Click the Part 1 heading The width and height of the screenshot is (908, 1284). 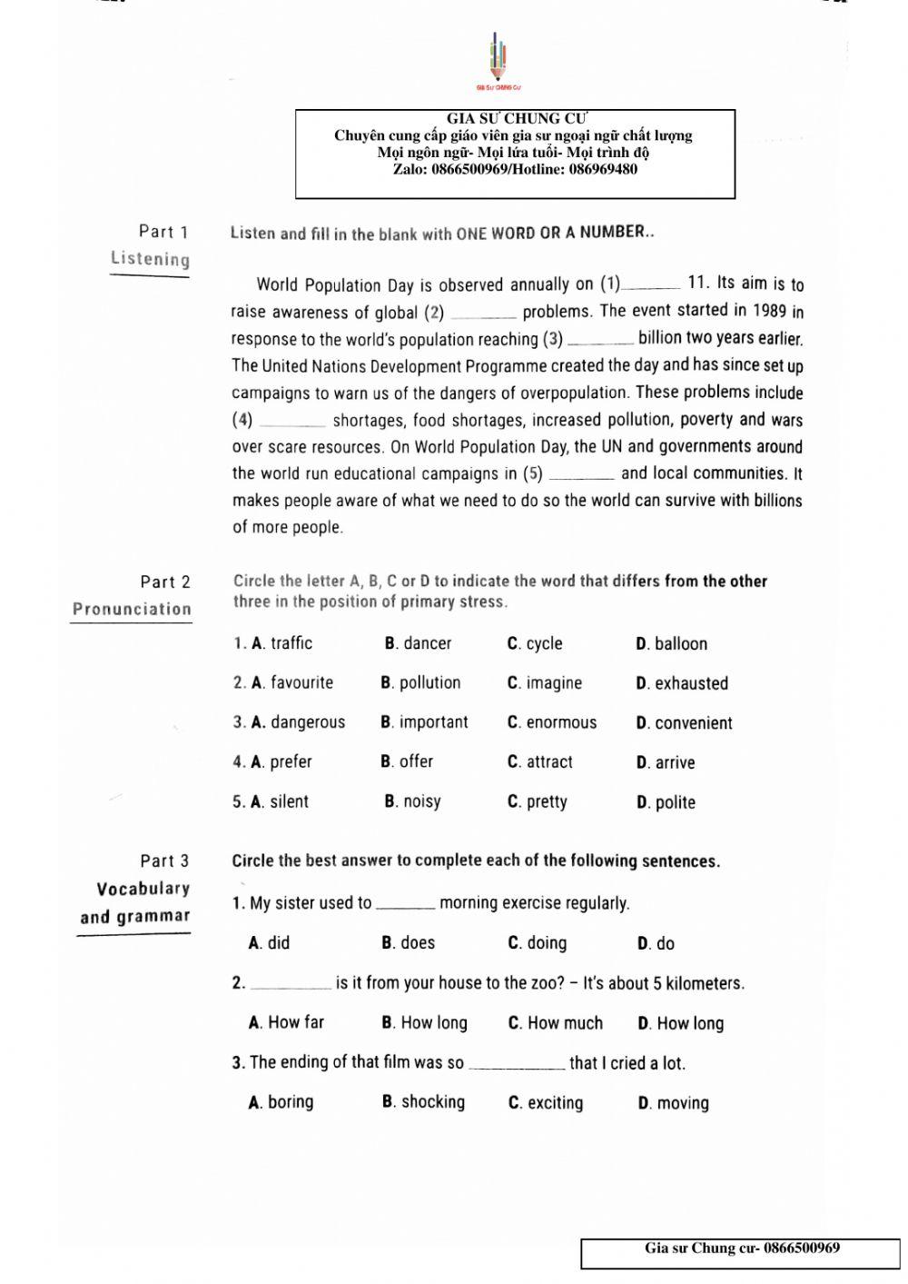[x=163, y=232]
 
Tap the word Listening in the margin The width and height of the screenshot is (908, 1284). [x=150, y=259]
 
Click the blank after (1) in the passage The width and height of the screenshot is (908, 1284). [x=650, y=284]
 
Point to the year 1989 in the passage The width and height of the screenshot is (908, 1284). [x=769, y=311]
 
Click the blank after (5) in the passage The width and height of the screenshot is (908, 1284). [x=581, y=474]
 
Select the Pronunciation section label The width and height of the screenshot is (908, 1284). [x=132, y=609]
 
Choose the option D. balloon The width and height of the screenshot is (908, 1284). [x=671, y=644]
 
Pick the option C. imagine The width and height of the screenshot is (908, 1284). [x=544, y=683]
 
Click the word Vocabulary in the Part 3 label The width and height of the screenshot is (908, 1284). [x=143, y=889]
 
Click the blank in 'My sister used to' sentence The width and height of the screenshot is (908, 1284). [x=405, y=904]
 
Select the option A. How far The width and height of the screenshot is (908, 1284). [x=286, y=1022]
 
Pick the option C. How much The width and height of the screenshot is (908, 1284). [x=555, y=1023]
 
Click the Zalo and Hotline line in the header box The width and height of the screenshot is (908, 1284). [x=515, y=169]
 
